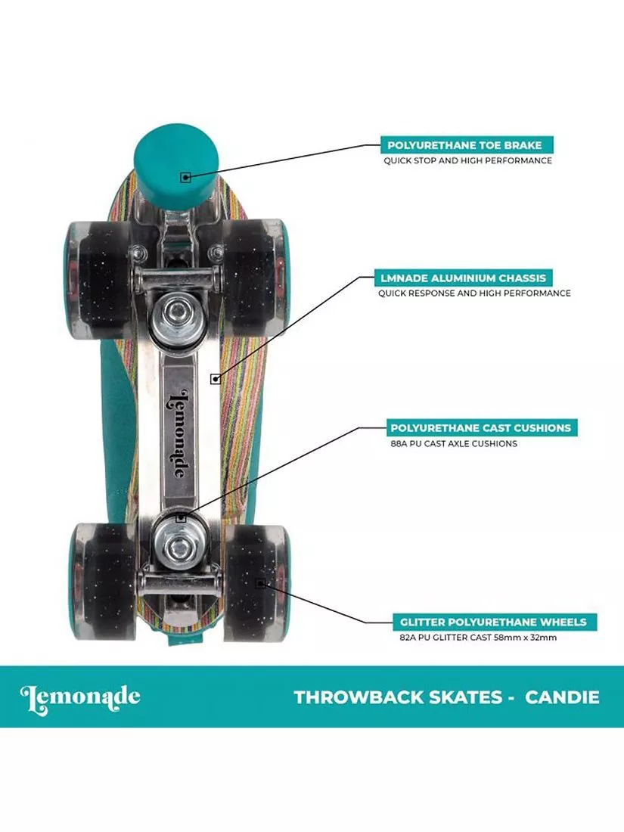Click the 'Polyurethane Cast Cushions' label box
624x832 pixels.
tap(480, 427)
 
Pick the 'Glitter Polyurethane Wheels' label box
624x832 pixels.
tap(493, 622)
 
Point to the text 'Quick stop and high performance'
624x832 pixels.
tap(467, 160)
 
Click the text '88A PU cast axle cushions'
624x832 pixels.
tap(452, 443)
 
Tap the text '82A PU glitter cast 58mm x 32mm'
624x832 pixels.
tap(478, 638)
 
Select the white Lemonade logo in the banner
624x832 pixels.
tap(80, 697)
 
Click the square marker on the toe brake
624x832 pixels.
tap(185, 177)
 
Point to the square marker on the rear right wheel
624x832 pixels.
tap(259, 583)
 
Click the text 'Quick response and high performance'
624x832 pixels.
tap(474, 293)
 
